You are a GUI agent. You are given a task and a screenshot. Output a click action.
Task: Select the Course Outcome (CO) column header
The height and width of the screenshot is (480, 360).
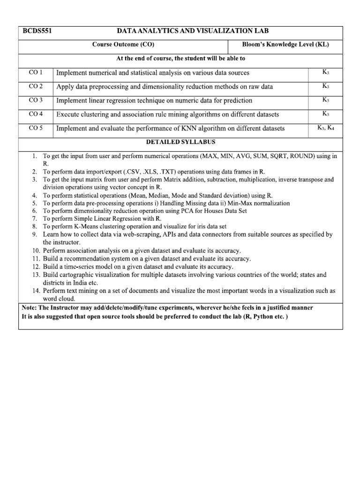tap(123, 45)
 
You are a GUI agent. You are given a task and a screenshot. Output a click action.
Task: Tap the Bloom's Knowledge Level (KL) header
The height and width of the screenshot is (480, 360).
tap(285, 45)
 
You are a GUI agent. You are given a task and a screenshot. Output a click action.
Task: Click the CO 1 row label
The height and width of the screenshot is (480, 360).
tap(36, 72)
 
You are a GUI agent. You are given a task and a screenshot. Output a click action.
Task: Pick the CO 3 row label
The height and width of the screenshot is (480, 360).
tap(36, 100)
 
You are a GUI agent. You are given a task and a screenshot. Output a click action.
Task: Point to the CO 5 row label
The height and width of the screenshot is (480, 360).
tap(36, 127)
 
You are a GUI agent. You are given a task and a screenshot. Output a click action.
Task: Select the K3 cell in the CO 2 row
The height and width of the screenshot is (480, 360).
tap(326, 86)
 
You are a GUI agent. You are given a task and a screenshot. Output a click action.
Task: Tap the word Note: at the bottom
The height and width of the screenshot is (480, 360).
tap(30, 308)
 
